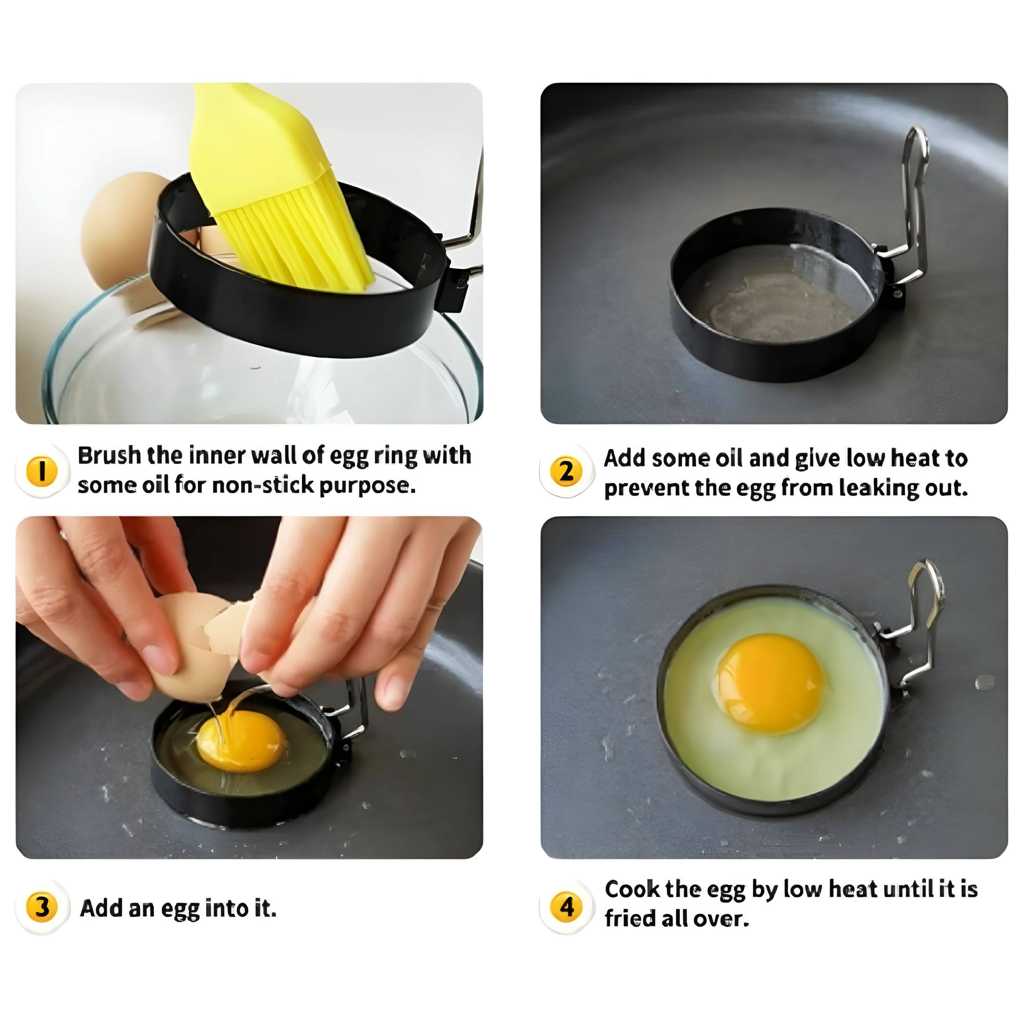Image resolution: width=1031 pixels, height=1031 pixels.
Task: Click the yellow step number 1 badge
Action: [41, 471]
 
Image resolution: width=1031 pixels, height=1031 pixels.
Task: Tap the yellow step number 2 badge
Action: [566, 471]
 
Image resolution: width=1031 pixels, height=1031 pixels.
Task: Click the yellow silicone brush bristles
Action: [299, 240]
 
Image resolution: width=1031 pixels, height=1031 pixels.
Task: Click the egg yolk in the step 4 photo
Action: [769, 684]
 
